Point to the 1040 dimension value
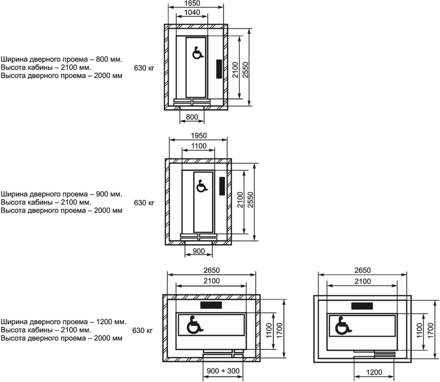[192, 12]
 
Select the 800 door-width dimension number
[192, 117]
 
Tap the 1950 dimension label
[199, 136]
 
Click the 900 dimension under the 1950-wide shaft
[199, 251]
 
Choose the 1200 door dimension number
[374, 372]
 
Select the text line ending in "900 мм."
[61, 194]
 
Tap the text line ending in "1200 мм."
[64, 322]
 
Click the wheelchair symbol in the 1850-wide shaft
[197, 53]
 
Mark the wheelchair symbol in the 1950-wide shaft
[201, 186]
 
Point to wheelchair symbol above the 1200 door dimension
[343, 325]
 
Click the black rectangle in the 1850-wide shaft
[219, 69]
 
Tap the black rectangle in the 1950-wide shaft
[222, 186]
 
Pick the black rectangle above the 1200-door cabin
[362, 306]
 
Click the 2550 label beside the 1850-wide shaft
[246, 69]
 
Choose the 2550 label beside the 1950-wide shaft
[250, 200]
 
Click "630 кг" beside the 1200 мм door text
[143, 331]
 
